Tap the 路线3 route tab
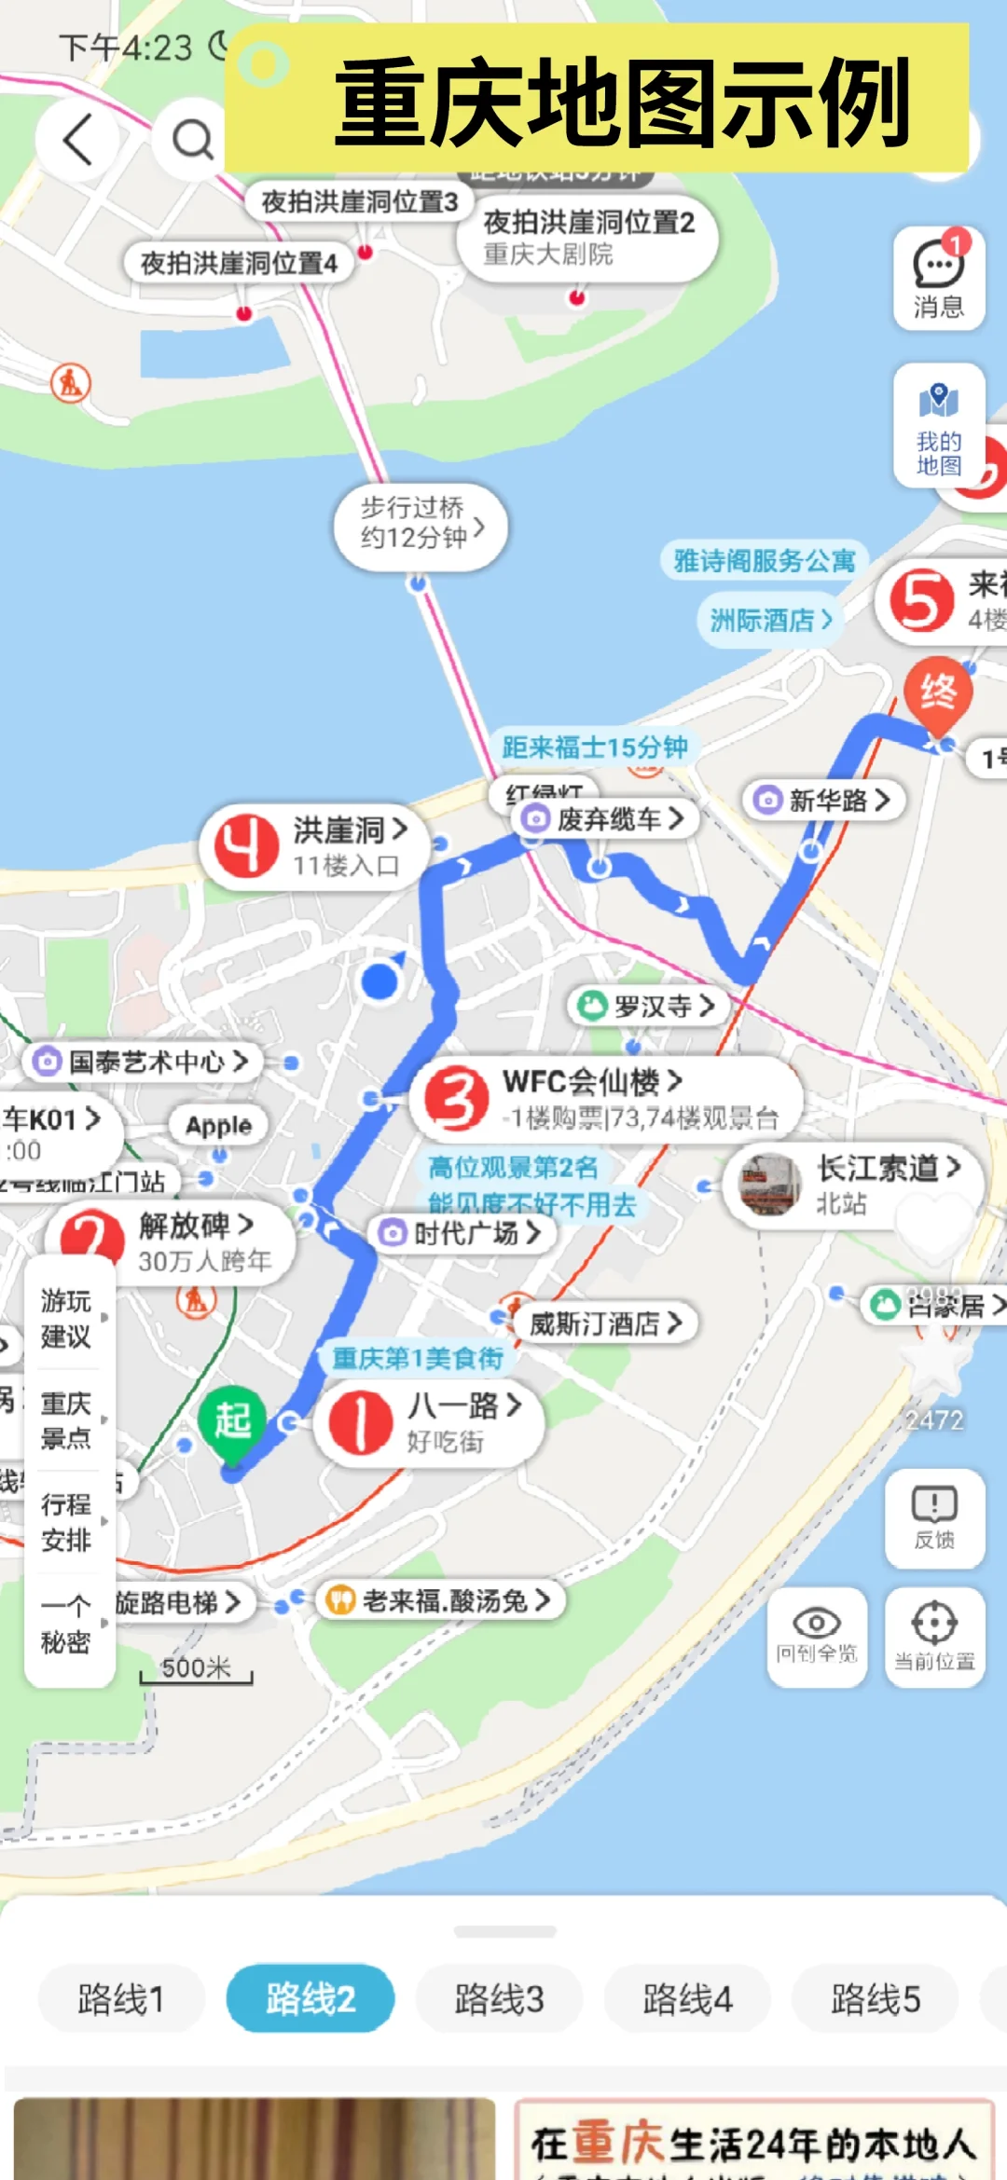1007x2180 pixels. coord(499,1998)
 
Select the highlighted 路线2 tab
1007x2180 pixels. coord(310,1998)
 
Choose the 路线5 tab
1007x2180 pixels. coord(876,1998)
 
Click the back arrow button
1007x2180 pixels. coord(78,140)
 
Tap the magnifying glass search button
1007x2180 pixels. coord(192,140)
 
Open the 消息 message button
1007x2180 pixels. coord(938,278)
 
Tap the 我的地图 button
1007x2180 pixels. coord(938,425)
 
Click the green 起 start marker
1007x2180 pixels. coord(232,1421)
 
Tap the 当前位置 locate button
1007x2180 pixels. coord(934,1636)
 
